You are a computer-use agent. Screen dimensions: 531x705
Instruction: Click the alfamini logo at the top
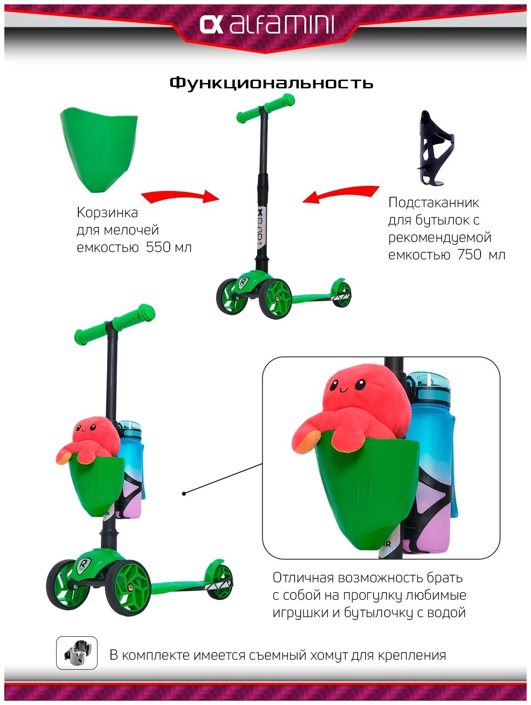(x=266, y=24)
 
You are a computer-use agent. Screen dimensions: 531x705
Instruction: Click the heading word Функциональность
(x=271, y=83)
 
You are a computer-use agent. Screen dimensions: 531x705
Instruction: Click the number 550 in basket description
(x=158, y=247)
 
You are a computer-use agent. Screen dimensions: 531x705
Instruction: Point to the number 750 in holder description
(x=469, y=254)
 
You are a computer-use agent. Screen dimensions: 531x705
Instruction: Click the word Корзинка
(x=107, y=212)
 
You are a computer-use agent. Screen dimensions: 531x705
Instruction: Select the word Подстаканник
(x=434, y=202)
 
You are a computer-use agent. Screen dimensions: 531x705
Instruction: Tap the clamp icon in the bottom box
(x=77, y=653)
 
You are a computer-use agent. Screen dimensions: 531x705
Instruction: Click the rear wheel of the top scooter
(x=342, y=294)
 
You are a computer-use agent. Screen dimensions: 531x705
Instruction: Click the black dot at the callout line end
(x=184, y=493)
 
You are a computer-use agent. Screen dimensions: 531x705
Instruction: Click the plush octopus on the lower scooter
(x=89, y=440)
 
